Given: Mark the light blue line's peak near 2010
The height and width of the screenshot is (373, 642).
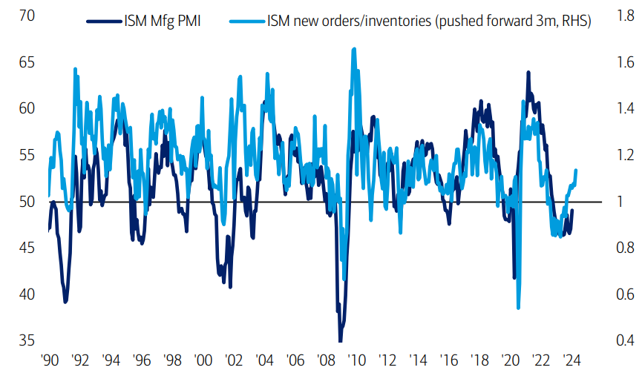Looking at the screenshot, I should (x=354, y=49).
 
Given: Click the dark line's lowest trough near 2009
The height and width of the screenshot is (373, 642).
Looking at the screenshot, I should (x=341, y=340).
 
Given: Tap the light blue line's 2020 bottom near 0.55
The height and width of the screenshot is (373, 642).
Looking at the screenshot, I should (x=518, y=308).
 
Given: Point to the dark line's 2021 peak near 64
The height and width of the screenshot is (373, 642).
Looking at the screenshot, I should (x=528, y=73).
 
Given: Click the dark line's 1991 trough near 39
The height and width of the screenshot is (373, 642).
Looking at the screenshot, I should (x=65, y=302).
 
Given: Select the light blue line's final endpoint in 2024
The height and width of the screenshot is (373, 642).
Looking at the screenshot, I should (x=577, y=171).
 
